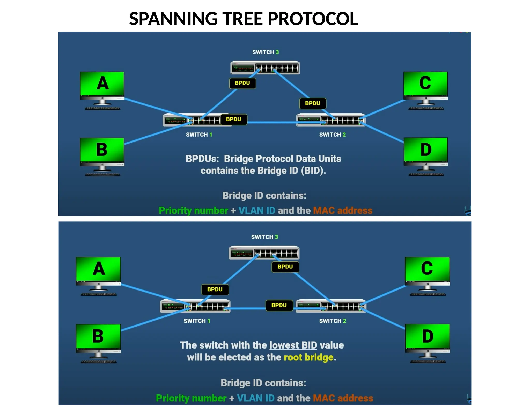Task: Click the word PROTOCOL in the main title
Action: (x=313, y=19)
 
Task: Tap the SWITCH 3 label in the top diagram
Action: (x=265, y=52)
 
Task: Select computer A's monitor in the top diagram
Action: (x=102, y=84)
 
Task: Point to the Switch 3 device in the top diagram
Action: (x=265, y=68)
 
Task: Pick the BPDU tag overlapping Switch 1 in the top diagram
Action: (x=234, y=119)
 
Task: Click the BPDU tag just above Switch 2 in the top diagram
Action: (x=312, y=103)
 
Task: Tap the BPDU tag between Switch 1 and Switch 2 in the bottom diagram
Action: (x=279, y=305)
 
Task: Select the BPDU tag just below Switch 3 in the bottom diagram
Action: (x=285, y=267)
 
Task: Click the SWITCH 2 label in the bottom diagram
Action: (x=333, y=321)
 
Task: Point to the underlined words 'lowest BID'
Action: (x=293, y=345)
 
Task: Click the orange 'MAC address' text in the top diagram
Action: (x=343, y=210)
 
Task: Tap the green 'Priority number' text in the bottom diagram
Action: (x=191, y=398)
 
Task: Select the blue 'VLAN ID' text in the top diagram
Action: (x=257, y=210)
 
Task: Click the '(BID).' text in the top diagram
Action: (x=313, y=171)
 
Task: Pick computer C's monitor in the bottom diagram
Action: (x=427, y=269)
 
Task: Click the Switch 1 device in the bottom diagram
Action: (x=195, y=306)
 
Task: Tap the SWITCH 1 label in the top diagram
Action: (x=199, y=135)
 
